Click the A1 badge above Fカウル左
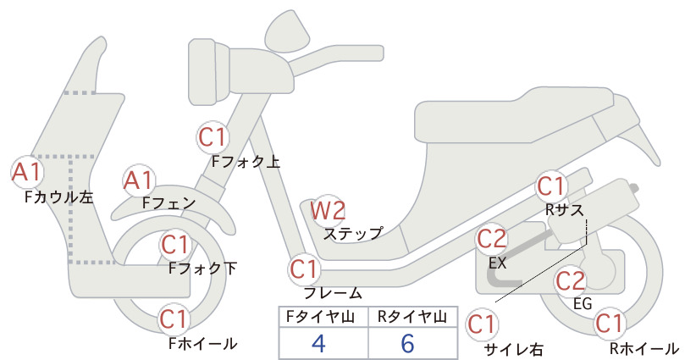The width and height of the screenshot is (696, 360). tap(27, 172)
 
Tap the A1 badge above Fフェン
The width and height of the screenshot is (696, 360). tap(139, 180)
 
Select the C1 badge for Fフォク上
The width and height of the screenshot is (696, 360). tap(213, 137)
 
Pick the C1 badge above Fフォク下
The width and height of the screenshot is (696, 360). tap(176, 245)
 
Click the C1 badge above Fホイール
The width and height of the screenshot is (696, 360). tap(175, 319)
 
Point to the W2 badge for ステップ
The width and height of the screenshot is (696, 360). tap(328, 210)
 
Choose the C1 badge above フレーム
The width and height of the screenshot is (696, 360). tap(305, 269)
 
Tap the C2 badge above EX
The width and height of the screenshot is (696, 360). tap(492, 239)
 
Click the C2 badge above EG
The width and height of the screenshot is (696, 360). tap(571, 281)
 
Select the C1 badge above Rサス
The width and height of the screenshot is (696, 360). tap(551, 186)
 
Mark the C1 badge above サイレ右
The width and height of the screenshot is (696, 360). tap(482, 324)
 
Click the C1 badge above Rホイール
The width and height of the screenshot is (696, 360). tap(610, 324)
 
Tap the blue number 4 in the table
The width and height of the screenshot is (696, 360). tap(318, 343)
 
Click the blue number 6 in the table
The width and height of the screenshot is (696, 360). tap(407, 343)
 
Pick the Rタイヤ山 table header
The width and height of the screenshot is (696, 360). tap(412, 317)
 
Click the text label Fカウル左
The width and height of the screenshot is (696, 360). tap(59, 197)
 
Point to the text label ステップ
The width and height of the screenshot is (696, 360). tap(353, 234)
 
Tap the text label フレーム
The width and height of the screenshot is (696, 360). tap(333, 293)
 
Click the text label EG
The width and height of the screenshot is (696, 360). tap(583, 303)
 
